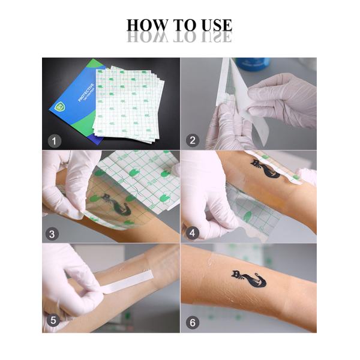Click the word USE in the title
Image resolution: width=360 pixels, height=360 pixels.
tap(214, 25)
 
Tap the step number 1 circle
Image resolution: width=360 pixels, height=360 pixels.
tap(55, 141)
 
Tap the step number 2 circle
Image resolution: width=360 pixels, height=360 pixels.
tap(193, 141)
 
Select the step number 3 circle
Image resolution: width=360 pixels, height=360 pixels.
tap(55, 233)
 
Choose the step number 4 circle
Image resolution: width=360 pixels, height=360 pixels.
tap(193, 233)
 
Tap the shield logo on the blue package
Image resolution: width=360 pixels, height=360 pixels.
tap(59, 106)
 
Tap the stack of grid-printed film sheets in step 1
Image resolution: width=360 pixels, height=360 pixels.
tap(129, 102)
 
